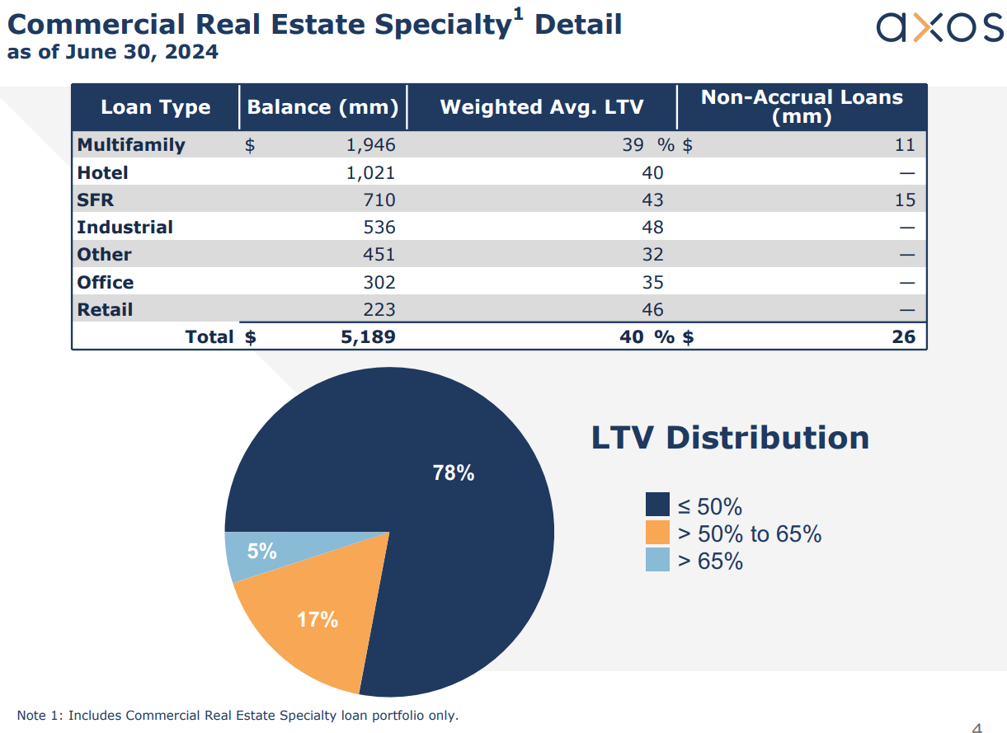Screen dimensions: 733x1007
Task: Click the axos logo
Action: (939, 28)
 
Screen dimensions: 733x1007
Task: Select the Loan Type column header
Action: (155, 107)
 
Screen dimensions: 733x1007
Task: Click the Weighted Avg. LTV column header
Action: (541, 107)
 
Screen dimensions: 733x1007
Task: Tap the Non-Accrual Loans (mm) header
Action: (802, 106)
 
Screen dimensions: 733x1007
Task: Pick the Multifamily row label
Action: (131, 145)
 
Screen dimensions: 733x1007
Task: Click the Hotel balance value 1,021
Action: (369, 173)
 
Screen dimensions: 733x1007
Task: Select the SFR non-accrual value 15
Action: (905, 200)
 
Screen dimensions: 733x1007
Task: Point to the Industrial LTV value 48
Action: (652, 228)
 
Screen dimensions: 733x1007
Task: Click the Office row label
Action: (106, 283)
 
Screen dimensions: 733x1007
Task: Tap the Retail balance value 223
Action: (379, 310)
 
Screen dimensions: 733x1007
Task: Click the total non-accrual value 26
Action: (904, 337)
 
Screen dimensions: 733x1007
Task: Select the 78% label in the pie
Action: (454, 473)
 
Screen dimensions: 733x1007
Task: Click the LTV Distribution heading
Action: (730, 437)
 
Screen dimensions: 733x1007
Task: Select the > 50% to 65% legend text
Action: (749, 534)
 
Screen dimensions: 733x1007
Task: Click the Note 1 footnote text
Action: (238, 715)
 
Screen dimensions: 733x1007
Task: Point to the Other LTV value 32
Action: (652, 255)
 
